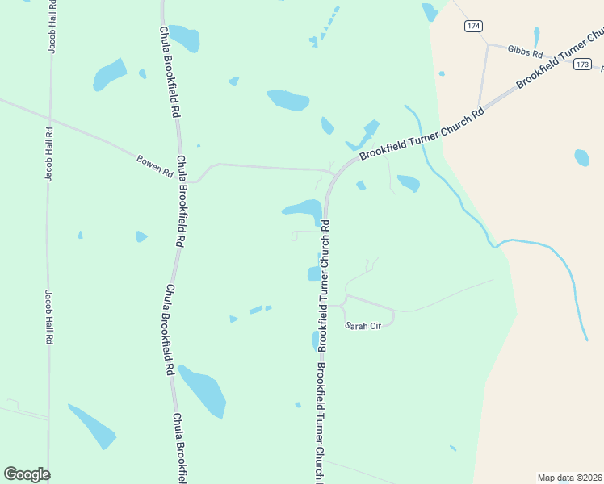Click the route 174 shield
click(x=474, y=27)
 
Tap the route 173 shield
click(x=583, y=65)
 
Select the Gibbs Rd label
click(x=525, y=50)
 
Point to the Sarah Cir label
click(x=363, y=326)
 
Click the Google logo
click(x=27, y=474)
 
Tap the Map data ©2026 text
click(x=570, y=478)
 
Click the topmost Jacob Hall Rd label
click(x=52, y=27)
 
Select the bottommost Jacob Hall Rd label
click(x=48, y=317)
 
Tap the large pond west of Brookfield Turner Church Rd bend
click(x=304, y=210)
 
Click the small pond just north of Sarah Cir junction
click(x=314, y=273)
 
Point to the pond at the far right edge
click(x=581, y=157)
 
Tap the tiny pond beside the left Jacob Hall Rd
click(x=80, y=235)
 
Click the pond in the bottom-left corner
click(x=92, y=426)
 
